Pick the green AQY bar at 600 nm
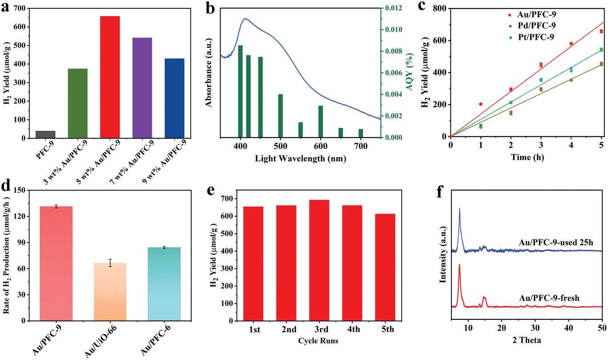coord(320,121)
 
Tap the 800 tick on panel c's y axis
coord(439,8)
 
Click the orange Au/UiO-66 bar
coord(110,291)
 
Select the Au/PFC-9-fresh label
coord(549,298)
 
